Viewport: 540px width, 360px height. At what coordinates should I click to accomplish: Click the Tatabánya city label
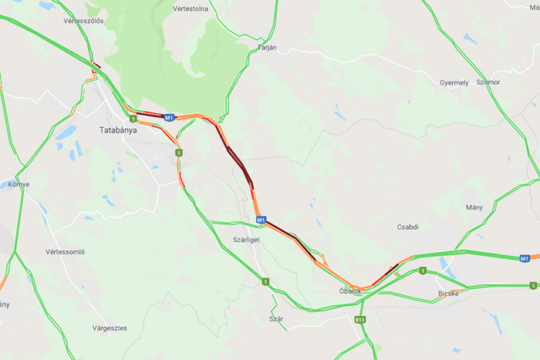pos(118,130)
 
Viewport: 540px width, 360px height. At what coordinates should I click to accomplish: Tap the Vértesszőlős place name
pos(84,21)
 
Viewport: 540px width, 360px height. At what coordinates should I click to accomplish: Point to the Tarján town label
pos(266,48)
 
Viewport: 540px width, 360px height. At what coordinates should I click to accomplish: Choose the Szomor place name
pos(488,82)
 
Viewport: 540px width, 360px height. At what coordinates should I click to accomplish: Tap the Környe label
pos(18,185)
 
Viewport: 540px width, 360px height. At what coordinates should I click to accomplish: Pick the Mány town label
pos(474,207)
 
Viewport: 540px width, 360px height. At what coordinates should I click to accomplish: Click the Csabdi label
pos(407,227)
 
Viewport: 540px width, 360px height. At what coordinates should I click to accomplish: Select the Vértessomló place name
pos(65,252)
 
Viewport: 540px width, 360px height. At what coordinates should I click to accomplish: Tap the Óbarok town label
pos(349,291)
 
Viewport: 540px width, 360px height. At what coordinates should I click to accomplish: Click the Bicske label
pos(448,294)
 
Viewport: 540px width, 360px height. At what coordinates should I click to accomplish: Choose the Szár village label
pos(275,318)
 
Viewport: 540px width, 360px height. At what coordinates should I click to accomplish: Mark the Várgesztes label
pos(110,328)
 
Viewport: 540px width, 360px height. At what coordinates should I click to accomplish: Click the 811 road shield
pos(360,319)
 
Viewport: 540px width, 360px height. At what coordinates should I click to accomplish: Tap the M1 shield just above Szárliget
pos(262,220)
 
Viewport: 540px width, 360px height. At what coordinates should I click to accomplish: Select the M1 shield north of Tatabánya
pos(169,117)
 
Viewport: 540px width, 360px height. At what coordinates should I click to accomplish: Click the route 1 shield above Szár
pos(266,282)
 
